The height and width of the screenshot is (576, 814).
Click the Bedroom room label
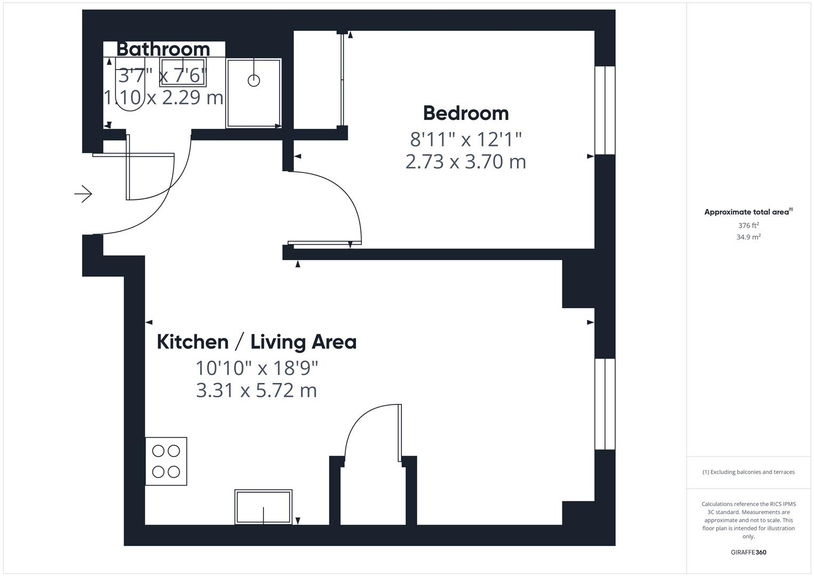point(465,113)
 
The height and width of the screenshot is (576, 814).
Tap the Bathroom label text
point(163,49)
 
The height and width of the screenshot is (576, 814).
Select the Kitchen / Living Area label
point(256,342)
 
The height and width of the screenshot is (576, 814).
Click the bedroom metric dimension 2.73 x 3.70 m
point(465,161)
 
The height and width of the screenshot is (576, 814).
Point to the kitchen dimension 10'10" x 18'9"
point(256,367)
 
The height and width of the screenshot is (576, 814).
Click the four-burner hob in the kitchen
point(166,461)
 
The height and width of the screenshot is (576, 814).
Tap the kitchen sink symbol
point(263,507)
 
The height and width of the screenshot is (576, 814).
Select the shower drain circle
point(254,81)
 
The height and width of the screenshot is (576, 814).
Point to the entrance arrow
point(83,194)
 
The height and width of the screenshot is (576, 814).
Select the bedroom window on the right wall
point(605,110)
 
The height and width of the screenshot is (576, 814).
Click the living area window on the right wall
point(605,404)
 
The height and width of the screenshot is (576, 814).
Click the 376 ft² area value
point(748,226)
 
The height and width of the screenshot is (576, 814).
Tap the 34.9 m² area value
point(748,237)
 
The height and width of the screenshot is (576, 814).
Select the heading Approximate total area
point(747,212)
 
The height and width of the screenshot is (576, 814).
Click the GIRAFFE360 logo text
point(748,552)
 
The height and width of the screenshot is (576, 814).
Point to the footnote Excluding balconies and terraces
point(748,472)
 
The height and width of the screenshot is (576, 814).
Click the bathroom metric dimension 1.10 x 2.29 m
point(163,98)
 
